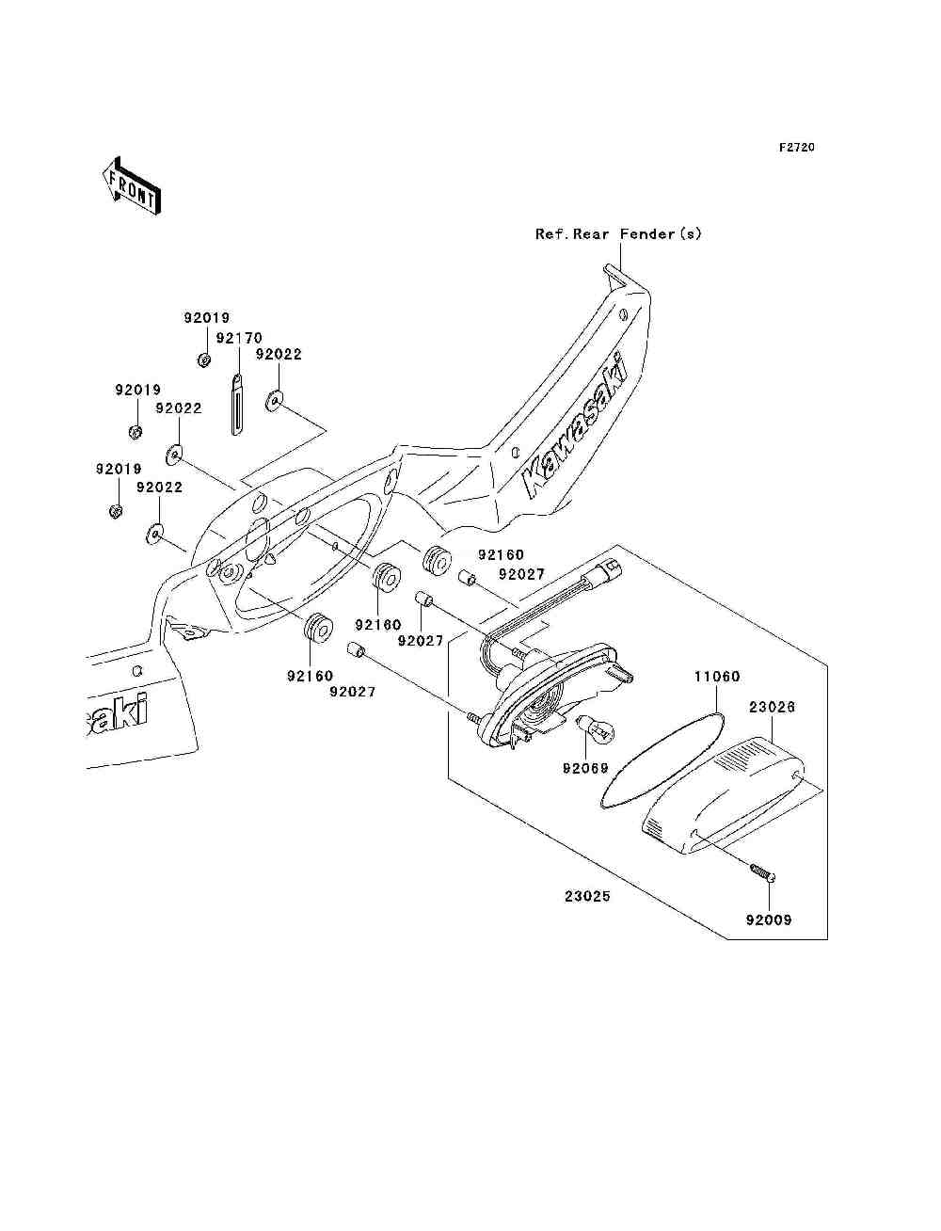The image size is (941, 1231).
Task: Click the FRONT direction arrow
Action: click(x=132, y=185)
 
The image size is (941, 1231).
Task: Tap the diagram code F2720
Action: click(x=796, y=148)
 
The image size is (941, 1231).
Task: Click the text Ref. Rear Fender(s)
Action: click(x=618, y=233)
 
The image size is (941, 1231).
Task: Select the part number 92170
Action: click(x=239, y=338)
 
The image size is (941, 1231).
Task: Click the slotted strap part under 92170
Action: click(x=238, y=405)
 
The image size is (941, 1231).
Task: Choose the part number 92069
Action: click(x=585, y=768)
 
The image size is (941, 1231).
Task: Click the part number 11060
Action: click(x=717, y=677)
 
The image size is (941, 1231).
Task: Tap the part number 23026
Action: click(x=772, y=707)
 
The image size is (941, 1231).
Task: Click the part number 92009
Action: click(x=768, y=919)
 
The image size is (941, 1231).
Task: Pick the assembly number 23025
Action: click(x=587, y=896)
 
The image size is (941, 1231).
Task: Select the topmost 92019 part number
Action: click(x=207, y=318)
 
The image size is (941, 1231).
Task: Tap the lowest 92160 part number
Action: click(x=311, y=676)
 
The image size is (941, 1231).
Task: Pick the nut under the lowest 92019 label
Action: click(x=116, y=511)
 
